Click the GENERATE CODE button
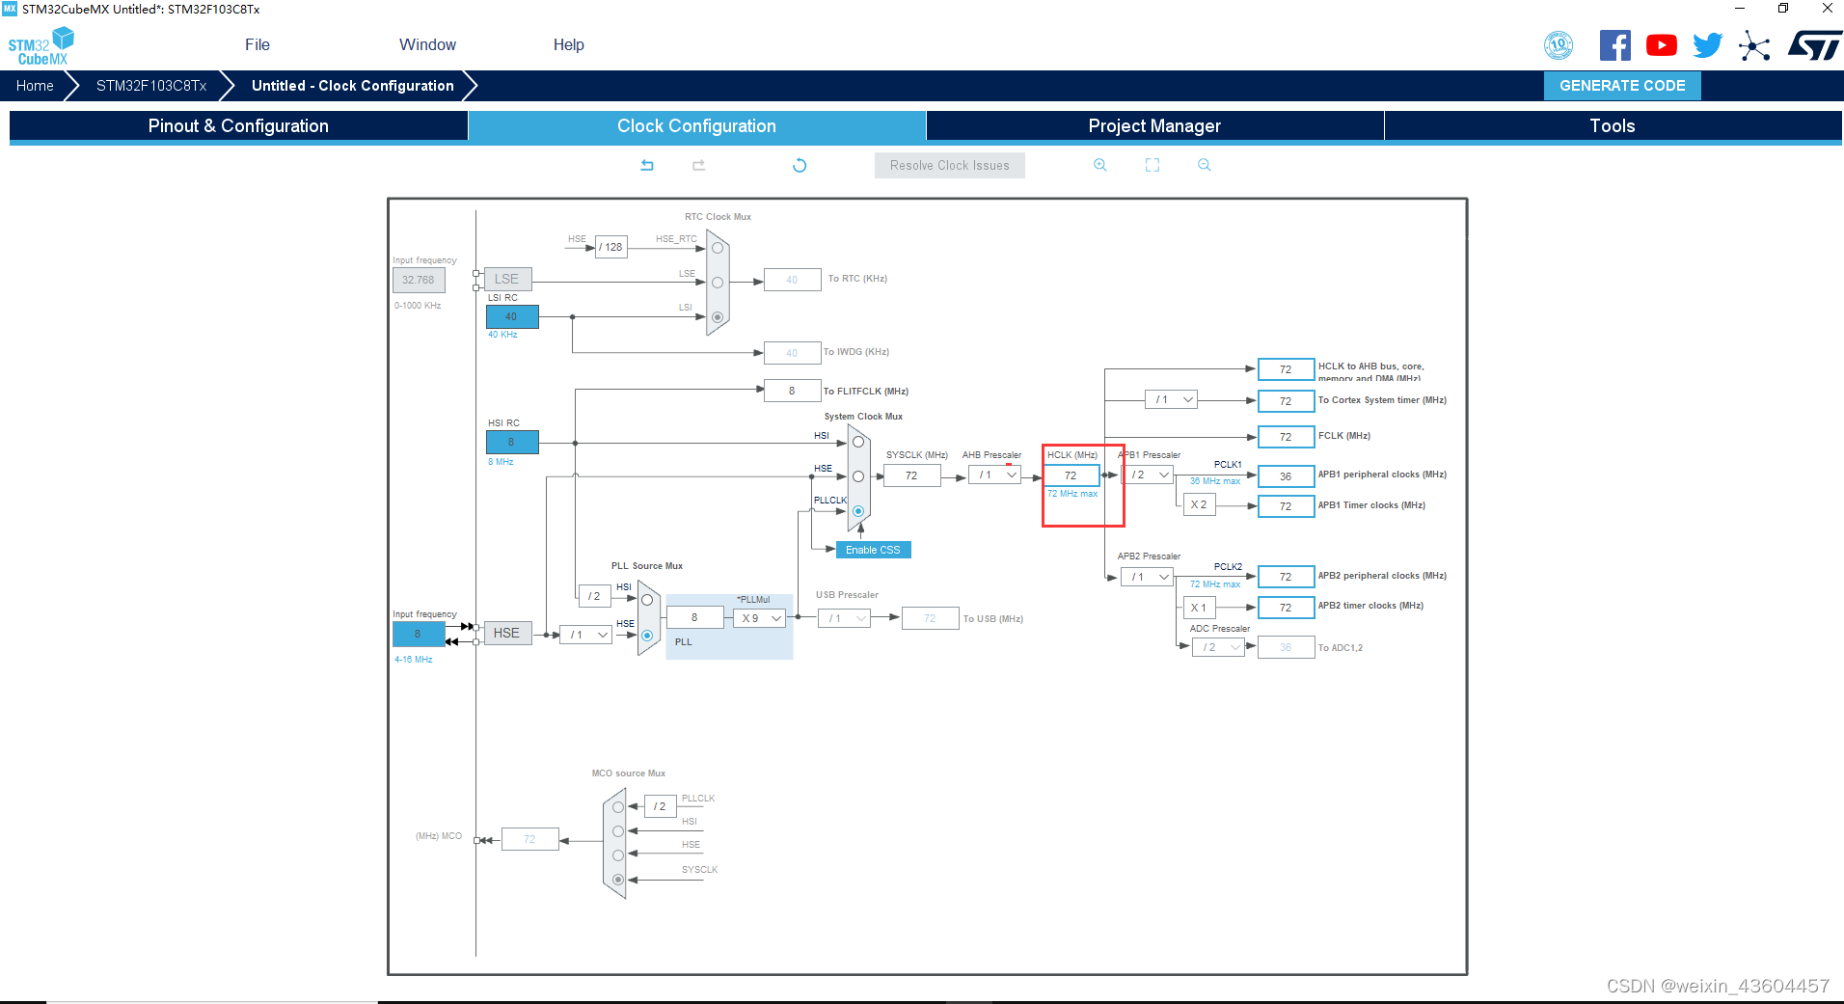click(x=1622, y=86)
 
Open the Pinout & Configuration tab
click(x=238, y=126)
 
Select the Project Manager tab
click(x=1154, y=126)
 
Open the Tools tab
click(x=1612, y=126)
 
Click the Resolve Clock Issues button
click(x=949, y=166)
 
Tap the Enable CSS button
click(x=873, y=550)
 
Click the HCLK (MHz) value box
click(x=1071, y=475)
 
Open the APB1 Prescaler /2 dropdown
click(x=1150, y=475)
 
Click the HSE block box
click(x=506, y=633)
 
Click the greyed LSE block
click(x=506, y=280)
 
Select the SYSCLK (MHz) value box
click(x=911, y=475)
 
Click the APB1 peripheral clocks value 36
click(x=1286, y=476)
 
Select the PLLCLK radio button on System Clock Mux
click(x=858, y=511)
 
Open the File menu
click(x=258, y=45)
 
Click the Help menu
click(x=568, y=45)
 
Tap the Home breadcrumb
click(x=35, y=86)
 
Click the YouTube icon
click(x=1661, y=45)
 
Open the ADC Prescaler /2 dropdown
click(x=1219, y=647)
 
